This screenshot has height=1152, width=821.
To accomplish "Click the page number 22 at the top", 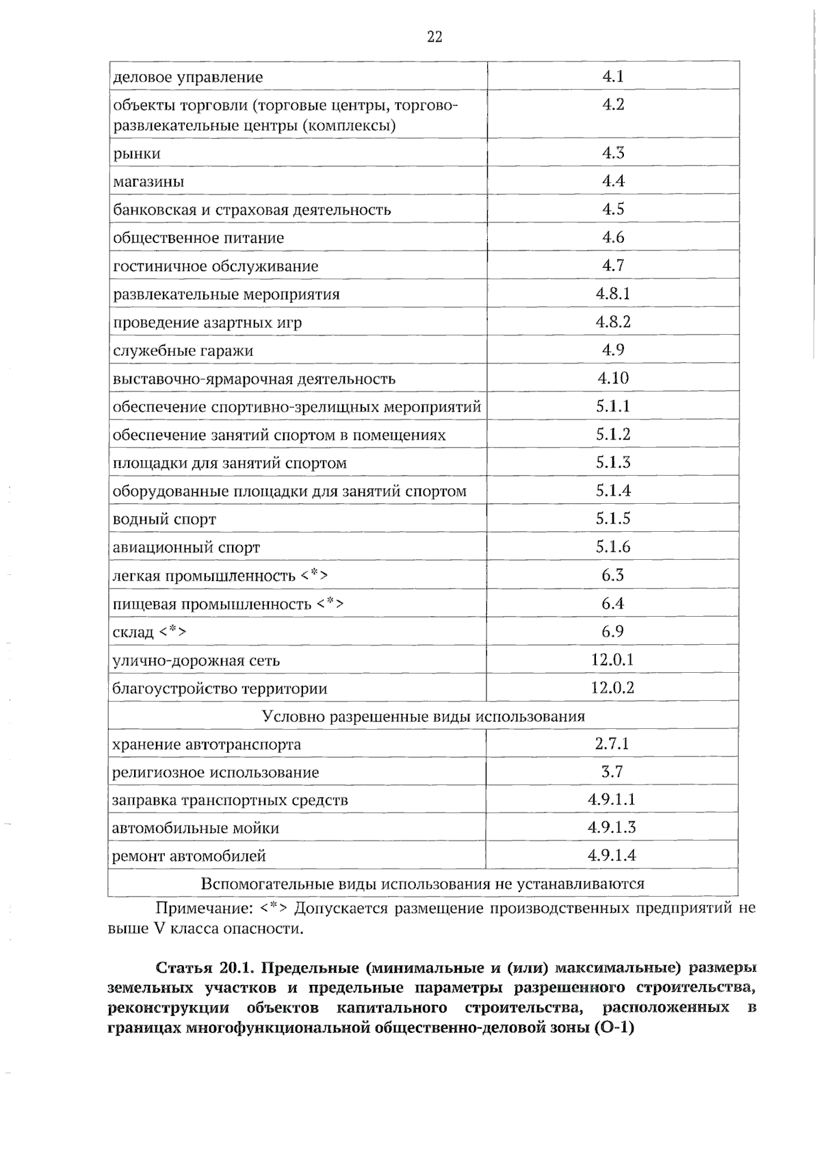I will (434, 37).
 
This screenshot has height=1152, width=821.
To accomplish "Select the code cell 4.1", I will (613, 76).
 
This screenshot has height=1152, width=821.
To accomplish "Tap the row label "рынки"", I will (137, 153).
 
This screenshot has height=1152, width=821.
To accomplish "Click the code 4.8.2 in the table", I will (613, 322).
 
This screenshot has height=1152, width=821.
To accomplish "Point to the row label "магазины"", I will (148, 182).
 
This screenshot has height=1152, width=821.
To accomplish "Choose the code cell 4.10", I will (613, 378).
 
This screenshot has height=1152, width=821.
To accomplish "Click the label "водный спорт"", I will (164, 520).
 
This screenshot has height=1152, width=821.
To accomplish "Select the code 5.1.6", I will (613, 546).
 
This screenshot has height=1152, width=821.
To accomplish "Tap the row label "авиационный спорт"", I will (186, 548).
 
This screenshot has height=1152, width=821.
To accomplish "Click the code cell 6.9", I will (613, 631).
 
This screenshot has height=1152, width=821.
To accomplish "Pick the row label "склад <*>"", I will (149, 632).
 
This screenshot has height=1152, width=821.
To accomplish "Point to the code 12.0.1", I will (613, 660).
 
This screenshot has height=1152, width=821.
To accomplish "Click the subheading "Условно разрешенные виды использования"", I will (423, 717).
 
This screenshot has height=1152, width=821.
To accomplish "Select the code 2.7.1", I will (612, 744).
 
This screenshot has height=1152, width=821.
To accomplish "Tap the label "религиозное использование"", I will (216, 773).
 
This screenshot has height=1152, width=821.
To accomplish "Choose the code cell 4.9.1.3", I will (612, 828).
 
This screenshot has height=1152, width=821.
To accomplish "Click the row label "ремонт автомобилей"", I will (189, 856).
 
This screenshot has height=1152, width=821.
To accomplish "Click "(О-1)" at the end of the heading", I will (611, 1027).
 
